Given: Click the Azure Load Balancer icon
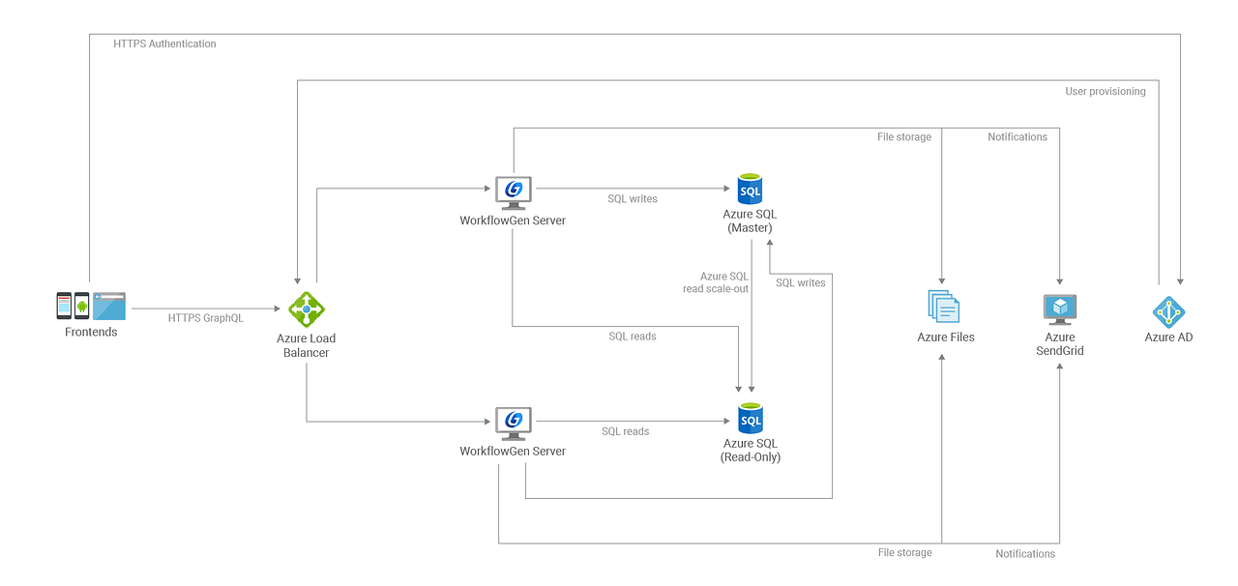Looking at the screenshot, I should click(x=307, y=309).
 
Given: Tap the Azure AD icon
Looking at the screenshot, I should click(x=1168, y=311).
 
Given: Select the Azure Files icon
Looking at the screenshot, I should click(x=944, y=307).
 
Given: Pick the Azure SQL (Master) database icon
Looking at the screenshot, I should click(x=750, y=189).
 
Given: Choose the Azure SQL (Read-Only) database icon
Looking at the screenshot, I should click(x=751, y=419).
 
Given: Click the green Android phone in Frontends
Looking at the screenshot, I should click(x=82, y=307).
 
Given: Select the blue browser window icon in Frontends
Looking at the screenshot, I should click(x=109, y=307).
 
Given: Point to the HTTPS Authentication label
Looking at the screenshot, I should click(x=164, y=44).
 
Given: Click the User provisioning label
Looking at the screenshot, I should click(x=1105, y=91).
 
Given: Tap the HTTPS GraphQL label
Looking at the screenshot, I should click(x=206, y=317).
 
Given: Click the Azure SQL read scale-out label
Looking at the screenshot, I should click(x=716, y=282).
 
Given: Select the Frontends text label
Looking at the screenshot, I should click(x=91, y=333).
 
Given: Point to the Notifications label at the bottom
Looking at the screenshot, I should click(x=1025, y=554).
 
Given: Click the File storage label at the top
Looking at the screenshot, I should click(x=904, y=137).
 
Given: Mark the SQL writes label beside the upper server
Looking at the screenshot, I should click(x=633, y=199).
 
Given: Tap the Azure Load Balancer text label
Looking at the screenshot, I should click(x=307, y=345).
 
